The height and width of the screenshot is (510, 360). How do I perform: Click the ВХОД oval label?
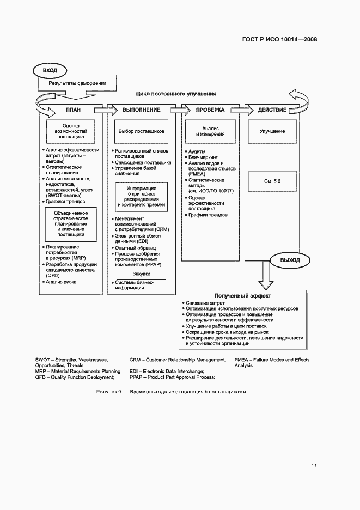pos(50,70)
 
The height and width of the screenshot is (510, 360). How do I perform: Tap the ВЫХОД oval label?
pos(290,260)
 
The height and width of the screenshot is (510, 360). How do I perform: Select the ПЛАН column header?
pos(73,110)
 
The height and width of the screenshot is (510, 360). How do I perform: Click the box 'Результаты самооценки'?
pos(76,83)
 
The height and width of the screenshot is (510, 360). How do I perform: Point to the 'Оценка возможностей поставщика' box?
pos(71,131)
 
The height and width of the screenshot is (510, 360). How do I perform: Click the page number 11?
pos(314,465)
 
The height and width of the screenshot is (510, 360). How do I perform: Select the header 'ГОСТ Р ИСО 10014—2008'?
pos(278,39)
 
